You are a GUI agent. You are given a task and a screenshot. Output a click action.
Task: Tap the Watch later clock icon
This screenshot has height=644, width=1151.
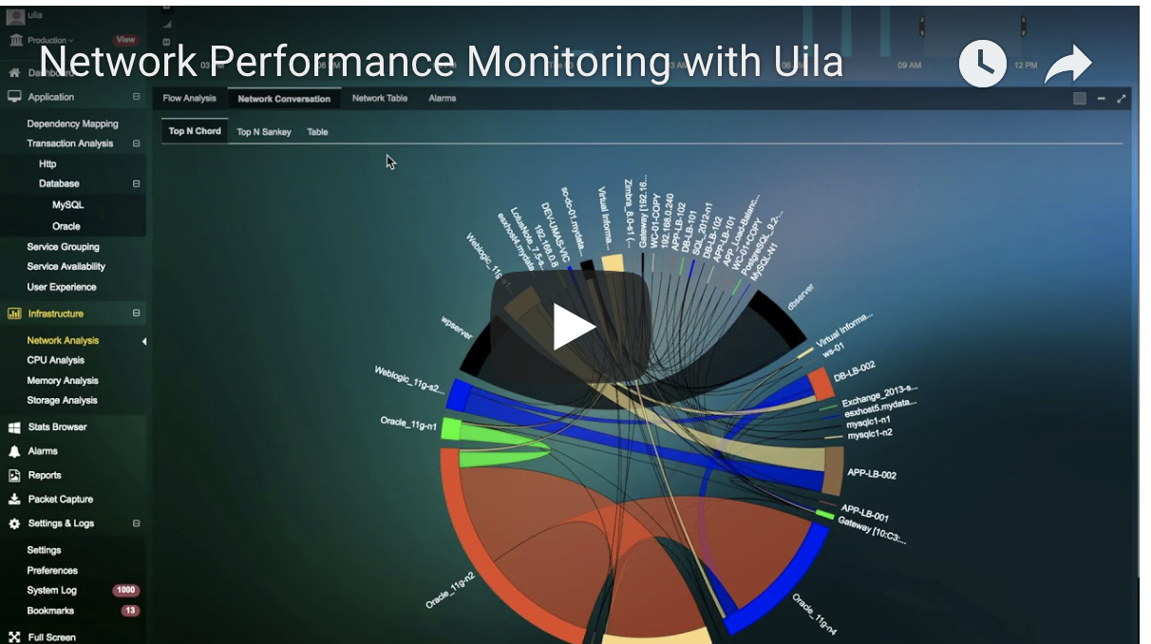click(982, 65)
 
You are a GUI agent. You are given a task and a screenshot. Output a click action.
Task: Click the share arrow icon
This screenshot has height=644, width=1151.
click(1068, 66)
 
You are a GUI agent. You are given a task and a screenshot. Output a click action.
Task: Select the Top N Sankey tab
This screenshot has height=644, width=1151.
click(264, 132)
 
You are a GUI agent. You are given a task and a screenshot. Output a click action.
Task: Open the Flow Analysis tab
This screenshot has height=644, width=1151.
click(189, 98)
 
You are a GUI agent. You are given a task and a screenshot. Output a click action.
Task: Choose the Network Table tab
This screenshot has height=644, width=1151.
click(380, 98)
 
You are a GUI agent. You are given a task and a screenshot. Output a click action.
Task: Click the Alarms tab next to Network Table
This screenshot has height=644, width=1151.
click(443, 98)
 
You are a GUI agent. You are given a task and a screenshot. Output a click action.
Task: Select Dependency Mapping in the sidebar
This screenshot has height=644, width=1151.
click(72, 123)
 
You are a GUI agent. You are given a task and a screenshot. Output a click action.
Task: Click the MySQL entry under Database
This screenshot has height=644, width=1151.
click(67, 204)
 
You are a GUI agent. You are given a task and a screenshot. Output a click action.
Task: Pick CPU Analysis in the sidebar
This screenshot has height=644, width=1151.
click(55, 360)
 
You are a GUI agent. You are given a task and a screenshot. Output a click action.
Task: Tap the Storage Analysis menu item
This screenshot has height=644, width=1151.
click(62, 400)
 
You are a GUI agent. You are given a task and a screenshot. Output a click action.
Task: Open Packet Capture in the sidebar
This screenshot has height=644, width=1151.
click(60, 499)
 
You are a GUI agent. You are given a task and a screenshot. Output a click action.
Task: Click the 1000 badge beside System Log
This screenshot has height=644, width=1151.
click(125, 591)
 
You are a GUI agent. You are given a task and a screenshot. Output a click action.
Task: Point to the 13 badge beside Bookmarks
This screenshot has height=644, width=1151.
click(130, 611)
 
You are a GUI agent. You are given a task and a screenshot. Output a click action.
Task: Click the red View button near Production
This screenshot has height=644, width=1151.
click(125, 40)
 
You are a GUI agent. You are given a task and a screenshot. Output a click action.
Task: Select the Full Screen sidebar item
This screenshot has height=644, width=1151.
click(51, 637)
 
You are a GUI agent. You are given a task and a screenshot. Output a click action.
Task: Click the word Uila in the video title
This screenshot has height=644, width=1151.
click(802, 62)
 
